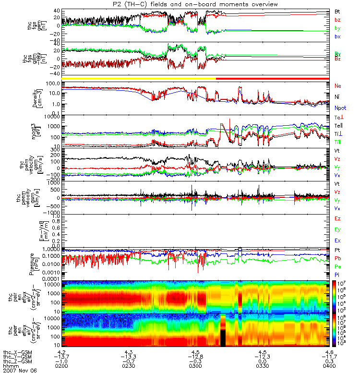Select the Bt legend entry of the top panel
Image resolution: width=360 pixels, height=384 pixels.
coord(337,11)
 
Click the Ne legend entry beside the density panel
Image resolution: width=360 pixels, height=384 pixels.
coord(338,85)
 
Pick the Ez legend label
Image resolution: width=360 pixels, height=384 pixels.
coord(338,218)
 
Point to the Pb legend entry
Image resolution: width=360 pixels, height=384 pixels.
coord(338,258)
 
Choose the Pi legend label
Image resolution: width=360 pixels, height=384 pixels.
coord(337,275)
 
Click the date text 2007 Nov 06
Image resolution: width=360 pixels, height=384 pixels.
coord(19,371)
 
